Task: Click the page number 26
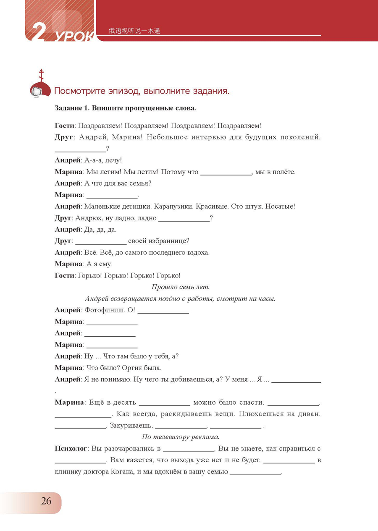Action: coord(46,501)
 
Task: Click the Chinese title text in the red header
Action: coord(134,31)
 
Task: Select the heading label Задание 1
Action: coord(72,108)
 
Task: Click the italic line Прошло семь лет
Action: coord(180,287)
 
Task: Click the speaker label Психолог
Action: coord(71,449)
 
